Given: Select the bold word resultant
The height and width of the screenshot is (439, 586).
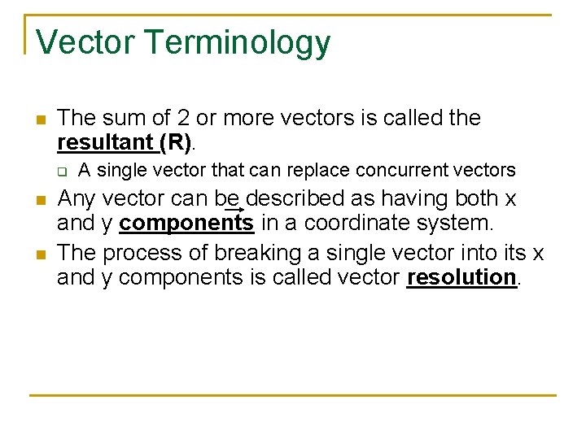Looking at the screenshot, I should [106, 143].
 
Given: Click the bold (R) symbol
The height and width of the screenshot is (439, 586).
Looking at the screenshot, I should [176, 143].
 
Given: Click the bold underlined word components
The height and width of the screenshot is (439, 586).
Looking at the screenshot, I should [186, 223].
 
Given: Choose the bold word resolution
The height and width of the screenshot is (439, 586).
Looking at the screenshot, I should [462, 277].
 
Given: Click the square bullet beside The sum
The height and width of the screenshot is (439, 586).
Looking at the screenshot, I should [38, 120].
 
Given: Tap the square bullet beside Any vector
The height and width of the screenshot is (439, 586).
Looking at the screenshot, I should [38, 200].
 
